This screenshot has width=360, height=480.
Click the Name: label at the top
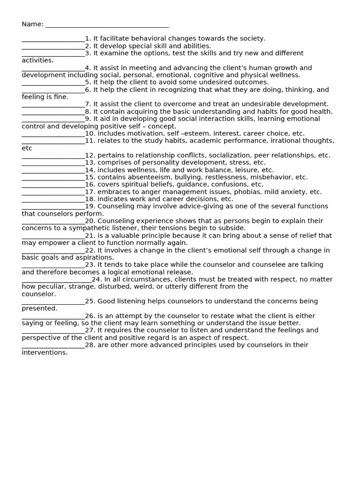tap(32, 24)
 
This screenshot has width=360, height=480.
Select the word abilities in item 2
tap(196, 46)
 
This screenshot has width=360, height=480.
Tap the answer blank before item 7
tap(53, 105)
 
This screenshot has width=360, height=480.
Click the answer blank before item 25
tap(53, 302)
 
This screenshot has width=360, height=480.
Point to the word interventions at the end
tap(44, 352)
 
